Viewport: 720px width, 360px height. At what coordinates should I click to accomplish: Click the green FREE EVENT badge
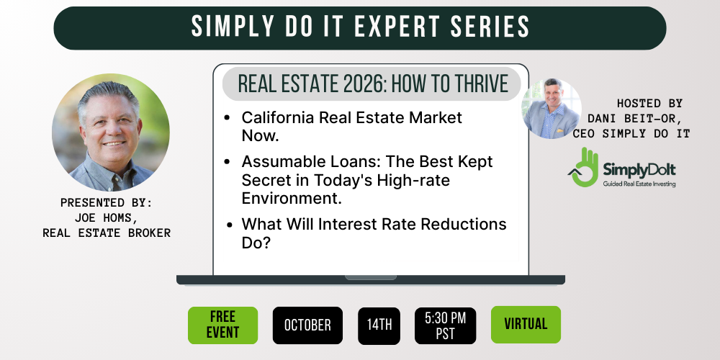pos(222,325)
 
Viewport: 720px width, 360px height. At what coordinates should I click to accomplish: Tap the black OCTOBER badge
pos(307,325)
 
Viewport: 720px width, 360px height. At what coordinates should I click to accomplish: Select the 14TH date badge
pos(379,325)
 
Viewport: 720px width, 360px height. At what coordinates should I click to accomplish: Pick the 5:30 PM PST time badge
pos(446,325)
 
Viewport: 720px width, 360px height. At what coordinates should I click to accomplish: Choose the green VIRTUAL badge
pos(526,324)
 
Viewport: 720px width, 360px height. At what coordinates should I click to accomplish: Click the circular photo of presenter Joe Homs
pos(111,132)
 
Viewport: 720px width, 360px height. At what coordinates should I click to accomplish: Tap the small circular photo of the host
pos(552,109)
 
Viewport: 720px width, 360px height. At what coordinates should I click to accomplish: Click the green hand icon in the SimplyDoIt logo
pos(583,167)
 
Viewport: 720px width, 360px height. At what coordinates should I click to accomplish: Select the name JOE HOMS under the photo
pos(107,217)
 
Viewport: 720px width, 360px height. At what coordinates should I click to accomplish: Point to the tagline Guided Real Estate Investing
pos(639,184)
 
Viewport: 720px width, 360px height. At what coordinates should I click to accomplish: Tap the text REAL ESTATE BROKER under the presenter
pos(107,233)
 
